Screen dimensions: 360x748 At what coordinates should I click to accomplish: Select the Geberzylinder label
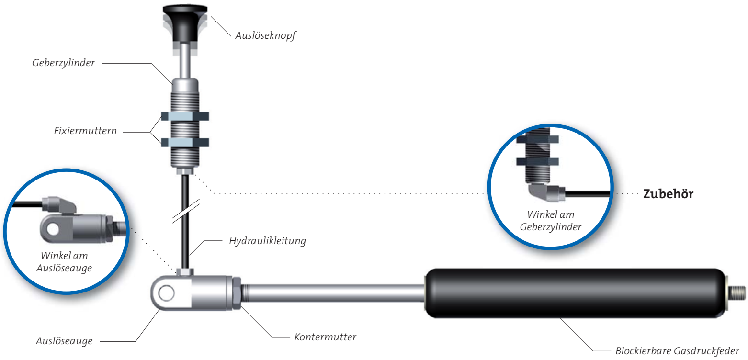click(x=63, y=63)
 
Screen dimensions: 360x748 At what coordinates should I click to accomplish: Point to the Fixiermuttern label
click(x=85, y=130)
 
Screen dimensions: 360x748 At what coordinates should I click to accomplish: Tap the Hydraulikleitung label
click(x=267, y=241)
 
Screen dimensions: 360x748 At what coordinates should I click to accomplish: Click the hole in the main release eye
click(x=166, y=293)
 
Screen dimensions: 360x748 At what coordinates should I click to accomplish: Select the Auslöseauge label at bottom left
click(x=64, y=341)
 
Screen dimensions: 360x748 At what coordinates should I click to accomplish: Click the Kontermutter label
click(x=325, y=337)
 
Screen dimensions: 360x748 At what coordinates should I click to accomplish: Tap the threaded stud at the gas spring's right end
click(x=737, y=291)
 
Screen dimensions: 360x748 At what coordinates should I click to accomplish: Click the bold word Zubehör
click(x=668, y=194)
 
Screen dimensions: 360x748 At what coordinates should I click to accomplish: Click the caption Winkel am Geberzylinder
click(x=550, y=221)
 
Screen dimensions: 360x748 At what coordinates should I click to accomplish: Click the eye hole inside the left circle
click(x=52, y=228)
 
